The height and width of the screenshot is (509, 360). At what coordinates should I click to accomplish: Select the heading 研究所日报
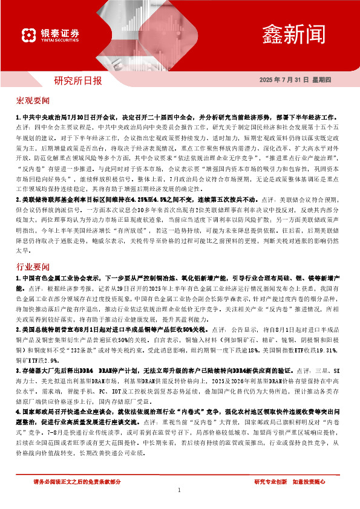(x=78, y=80)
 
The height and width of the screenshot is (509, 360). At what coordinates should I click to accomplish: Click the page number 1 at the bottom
(x=180, y=490)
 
